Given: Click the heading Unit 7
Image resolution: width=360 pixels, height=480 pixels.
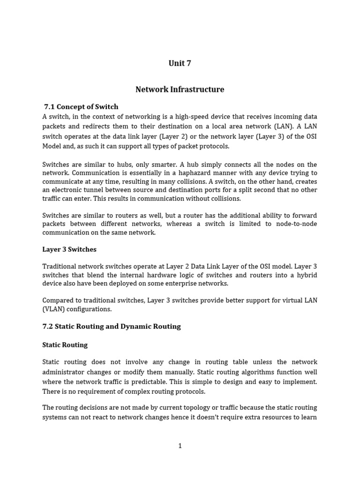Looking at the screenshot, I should pos(180,63).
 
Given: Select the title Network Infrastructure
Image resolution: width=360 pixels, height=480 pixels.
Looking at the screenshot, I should pos(180,89).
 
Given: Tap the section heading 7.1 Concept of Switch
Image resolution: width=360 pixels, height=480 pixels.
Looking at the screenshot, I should pos(81,106).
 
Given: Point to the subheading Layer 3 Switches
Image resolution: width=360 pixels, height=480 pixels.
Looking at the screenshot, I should pos(69,249).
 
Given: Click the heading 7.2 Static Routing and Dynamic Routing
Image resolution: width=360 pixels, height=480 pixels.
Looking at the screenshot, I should pos(112,326).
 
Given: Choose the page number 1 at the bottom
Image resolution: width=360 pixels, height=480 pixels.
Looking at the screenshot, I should pos(180,446).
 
